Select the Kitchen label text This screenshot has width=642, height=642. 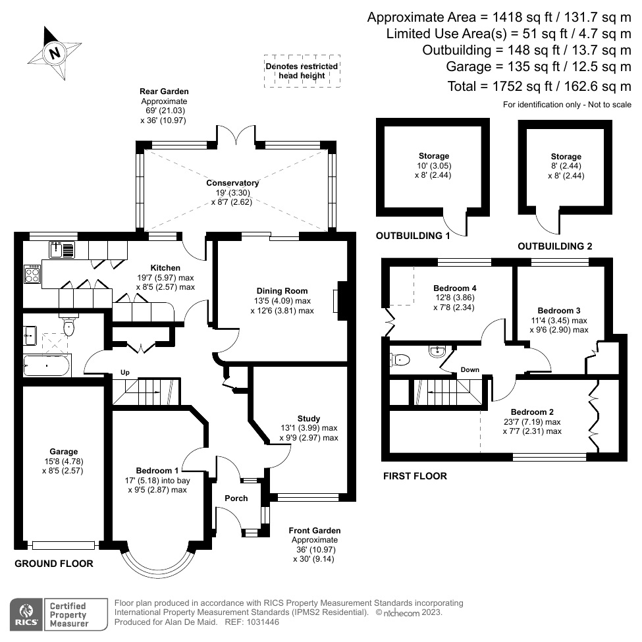click(x=165, y=268)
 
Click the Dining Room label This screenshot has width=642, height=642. click(x=282, y=290)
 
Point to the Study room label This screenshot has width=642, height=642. click(x=308, y=418)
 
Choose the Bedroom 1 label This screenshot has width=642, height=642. click(x=157, y=470)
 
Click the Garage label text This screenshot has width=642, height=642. click(x=63, y=452)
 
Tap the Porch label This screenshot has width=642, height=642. click(x=236, y=498)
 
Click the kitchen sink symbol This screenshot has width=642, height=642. click(x=62, y=250)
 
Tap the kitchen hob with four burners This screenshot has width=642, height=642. click(x=32, y=275)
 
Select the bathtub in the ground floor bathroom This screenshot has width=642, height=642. click(x=46, y=365)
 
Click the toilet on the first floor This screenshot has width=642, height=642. click(x=400, y=360)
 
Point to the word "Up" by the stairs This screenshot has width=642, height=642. click(x=124, y=373)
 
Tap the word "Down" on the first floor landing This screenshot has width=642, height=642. click(x=469, y=369)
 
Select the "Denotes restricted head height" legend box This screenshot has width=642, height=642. click(x=302, y=70)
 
